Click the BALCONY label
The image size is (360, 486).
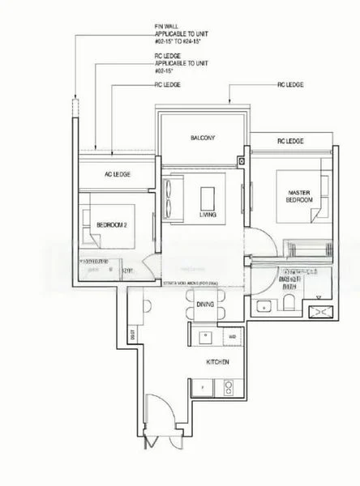click(204, 139)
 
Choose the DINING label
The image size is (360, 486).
click(205, 304)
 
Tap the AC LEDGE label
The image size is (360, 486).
click(118, 174)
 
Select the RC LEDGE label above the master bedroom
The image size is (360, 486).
click(289, 141)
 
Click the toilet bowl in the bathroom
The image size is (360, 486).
click(289, 304)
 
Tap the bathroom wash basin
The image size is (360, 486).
click(264, 305)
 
